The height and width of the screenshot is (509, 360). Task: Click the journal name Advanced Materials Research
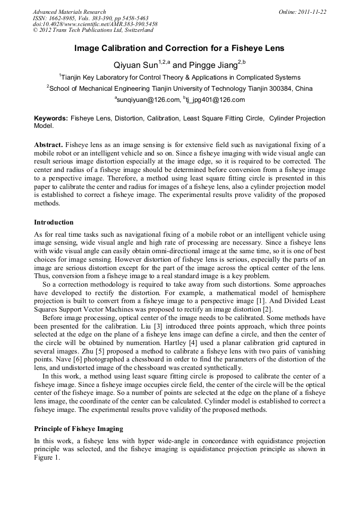[x=69, y=12]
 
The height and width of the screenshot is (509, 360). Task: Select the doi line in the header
[x=95, y=24]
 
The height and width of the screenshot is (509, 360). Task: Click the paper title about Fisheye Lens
[x=179, y=48]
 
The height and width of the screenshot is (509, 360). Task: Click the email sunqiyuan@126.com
[x=148, y=100]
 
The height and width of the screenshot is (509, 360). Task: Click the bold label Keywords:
[x=51, y=118]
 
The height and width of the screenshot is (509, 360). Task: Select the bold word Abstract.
[x=48, y=145]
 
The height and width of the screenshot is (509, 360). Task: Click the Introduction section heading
[x=54, y=222]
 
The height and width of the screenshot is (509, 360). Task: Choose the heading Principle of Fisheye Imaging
[x=80, y=428]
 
